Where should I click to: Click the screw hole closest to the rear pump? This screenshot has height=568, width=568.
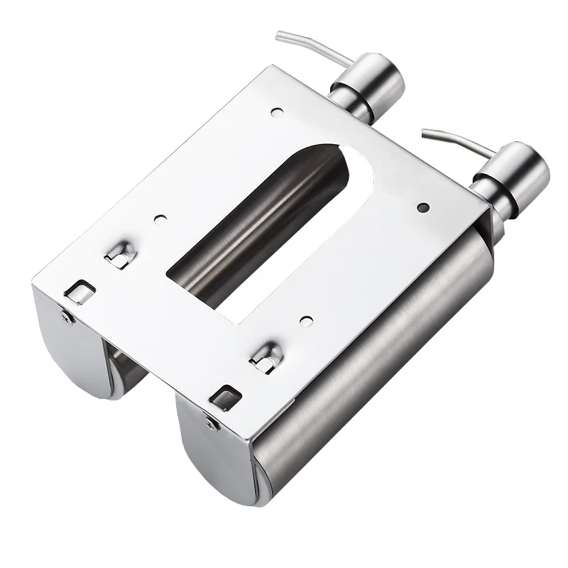(275, 111)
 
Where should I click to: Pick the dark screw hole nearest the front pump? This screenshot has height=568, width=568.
(423, 207)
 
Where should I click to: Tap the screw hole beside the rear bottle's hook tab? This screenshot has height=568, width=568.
(159, 220)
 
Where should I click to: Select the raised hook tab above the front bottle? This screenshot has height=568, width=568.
(265, 356)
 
